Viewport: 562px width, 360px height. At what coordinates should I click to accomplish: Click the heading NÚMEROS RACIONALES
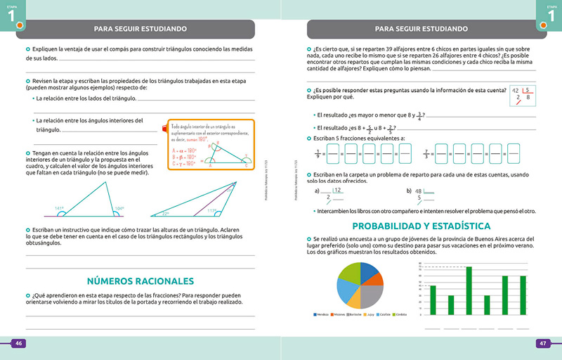[140, 281]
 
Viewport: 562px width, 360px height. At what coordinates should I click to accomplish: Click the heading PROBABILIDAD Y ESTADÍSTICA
[421, 226]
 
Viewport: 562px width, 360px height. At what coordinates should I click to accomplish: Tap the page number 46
[20, 343]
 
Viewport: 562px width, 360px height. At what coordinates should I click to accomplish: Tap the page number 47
[542, 343]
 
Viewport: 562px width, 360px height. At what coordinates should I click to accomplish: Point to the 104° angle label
[119, 207]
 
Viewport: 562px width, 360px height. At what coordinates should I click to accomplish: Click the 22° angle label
[166, 212]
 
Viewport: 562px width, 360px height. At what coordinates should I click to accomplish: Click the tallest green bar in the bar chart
[469, 290]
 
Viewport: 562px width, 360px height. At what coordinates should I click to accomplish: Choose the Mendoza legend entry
[321, 314]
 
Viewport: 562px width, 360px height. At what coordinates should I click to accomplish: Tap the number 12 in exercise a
[338, 190]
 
